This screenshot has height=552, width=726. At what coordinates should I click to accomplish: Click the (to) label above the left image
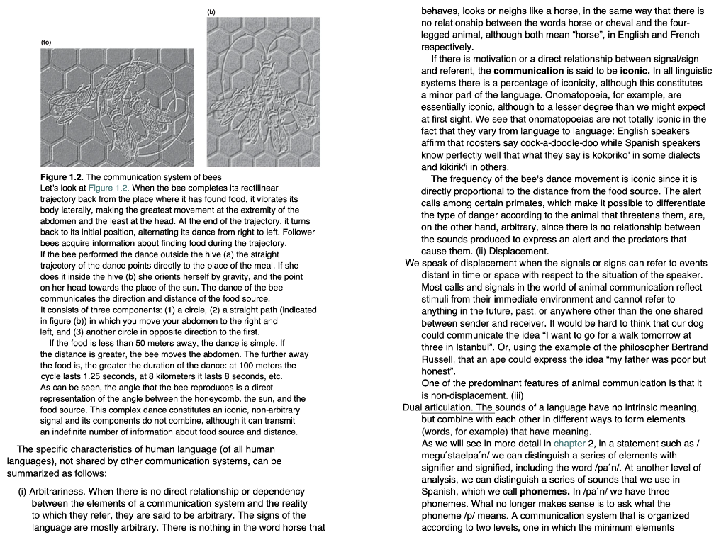[46, 43]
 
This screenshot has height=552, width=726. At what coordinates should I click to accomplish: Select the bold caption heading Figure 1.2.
[62, 176]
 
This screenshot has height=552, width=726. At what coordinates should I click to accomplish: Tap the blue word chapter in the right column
[570, 443]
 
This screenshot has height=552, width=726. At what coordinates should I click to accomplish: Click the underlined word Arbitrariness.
[57, 492]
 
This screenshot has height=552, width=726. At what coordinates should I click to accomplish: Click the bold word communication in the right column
[528, 71]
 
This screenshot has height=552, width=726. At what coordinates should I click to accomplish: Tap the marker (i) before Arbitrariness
[22, 492]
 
